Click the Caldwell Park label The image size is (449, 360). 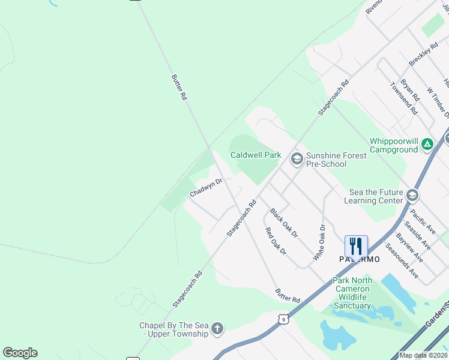pyautogui.click(x=256, y=155)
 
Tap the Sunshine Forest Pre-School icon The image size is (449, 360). pyautogui.click(x=296, y=159)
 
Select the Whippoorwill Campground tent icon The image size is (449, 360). pyautogui.click(x=427, y=144)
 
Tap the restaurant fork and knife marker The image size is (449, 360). pyautogui.click(x=356, y=246)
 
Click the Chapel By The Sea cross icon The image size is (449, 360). pyautogui.click(x=217, y=329)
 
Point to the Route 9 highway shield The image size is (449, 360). pyautogui.click(x=283, y=319)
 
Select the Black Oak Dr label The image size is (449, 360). pyautogui.click(x=283, y=223)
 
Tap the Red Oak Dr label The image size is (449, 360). pyautogui.click(x=276, y=241)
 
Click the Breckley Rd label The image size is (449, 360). pyautogui.click(x=424, y=55)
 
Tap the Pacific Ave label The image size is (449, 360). pyautogui.click(x=423, y=222)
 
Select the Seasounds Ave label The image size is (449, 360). pyautogui.click(x=402, y=260)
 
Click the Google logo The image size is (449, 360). pyautogui.click(x=20, y=352)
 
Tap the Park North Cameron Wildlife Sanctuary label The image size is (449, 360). pyautogui.click(x=352, y=293)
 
